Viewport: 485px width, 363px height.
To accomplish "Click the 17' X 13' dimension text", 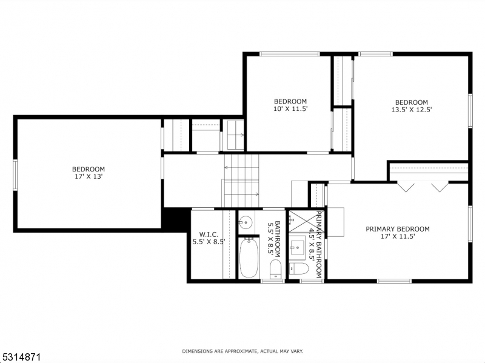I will click(89, 178).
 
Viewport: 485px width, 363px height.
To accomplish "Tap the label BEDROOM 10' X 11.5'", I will click(290, 105).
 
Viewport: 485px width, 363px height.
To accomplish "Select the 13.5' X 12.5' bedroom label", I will click(411, 106).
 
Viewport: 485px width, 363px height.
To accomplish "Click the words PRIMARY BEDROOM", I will click(397, 229).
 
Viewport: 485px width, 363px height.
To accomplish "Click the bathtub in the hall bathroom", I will click(249, 258).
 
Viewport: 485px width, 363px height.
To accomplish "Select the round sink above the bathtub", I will click(246, 221).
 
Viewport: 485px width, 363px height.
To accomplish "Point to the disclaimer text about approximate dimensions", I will click(242, 351).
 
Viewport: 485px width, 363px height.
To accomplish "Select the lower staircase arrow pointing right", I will click(256, 194).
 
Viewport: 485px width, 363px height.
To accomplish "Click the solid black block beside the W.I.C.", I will click(176, 219).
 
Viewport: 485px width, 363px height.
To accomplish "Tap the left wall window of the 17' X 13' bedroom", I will click(16, 175).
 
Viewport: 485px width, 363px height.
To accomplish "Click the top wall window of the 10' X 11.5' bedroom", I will click(290, 54).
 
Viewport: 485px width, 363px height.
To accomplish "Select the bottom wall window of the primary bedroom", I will click(394, 281).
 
